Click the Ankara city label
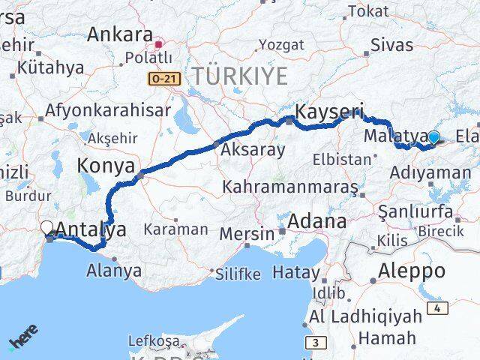(x=119, y=34)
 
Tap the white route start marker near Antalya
(x=47, y=227)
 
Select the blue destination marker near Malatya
(x=433, y=137)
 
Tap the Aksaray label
(x=253, y=150)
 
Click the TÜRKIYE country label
(x=239, y=75)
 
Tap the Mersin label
(x=247, y=233)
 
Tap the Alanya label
(x=115, y=269)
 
